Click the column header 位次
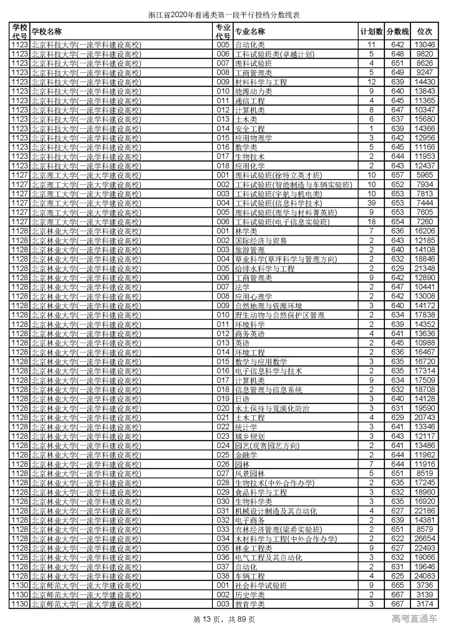pyautogui.click(x=424, y=32)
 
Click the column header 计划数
pyautogui.click(x=371, y=32)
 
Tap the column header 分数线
pyautogui.click(x=397, y=32)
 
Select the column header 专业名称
pyautogui.click(x=250, y=32)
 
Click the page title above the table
pyautogui.click(x=224, y=15)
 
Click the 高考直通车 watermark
pyautogui.click(x=414, y=619)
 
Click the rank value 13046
pyautogui.click(x=424, y=45)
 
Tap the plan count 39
pyautogui.click(x=371, y=203)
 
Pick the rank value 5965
pyautogui.click(x=424, y=175)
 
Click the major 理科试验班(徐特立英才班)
pyautogui.click(x=279, y=175)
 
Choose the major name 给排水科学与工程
pyautogui.click(x=265, y=269)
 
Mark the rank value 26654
pyautogui.click(x=424, y=539)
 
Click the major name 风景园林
pyautogui.click(x=250, y=474)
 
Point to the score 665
pyautogui.click(x=397, y=586)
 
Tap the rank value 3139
pyautogui.click(x=424, y=595)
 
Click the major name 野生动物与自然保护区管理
pyautogui.click(x=280, y=315)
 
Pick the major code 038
pyautogui.click(x=223, y=576)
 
